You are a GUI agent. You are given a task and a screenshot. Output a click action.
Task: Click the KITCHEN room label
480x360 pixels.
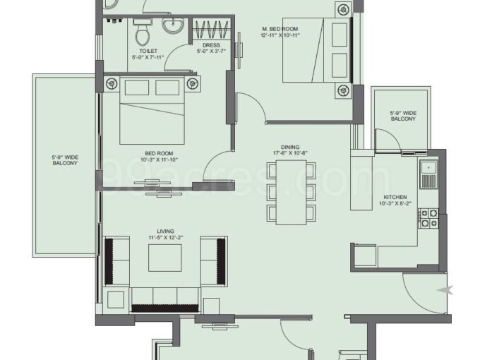[395, 197]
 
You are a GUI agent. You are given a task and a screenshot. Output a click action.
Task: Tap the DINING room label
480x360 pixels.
[290, 148]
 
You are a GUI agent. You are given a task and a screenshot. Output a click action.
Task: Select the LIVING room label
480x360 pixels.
[166, 232]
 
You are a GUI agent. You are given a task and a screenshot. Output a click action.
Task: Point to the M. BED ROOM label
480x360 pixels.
[280, 29]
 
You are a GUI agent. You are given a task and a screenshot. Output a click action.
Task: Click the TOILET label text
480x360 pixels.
[148, 51]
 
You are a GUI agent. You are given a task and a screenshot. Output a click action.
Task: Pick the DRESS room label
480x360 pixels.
[211, 45]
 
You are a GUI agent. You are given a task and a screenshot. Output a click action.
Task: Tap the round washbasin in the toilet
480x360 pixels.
[173, 25]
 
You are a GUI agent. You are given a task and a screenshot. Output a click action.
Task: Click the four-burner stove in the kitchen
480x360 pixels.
[428, 218]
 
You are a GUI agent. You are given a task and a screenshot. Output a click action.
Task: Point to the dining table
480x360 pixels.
[291, 192]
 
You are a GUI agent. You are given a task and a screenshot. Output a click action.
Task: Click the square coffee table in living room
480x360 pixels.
[165, 258]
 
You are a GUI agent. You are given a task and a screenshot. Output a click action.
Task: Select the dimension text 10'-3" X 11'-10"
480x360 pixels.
[160, 160]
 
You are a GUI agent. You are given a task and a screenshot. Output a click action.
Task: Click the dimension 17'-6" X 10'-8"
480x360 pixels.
[290, 153]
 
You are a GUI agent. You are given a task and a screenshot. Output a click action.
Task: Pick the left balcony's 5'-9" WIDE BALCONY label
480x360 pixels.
[65, 160]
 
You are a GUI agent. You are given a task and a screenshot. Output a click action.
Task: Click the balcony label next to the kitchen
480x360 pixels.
[403, 116]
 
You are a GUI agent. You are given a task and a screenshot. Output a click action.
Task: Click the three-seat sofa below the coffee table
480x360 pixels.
[165, 300]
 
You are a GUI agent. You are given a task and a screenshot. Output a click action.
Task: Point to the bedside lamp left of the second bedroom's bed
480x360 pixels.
[112, 83]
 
